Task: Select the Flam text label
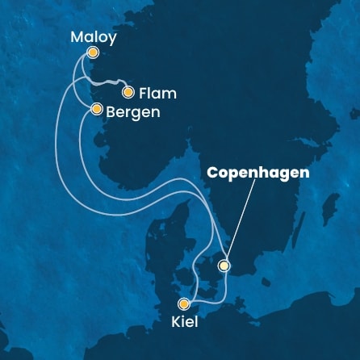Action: [157, 93]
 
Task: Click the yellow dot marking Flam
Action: [127, 91]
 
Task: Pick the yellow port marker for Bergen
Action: [96, 108]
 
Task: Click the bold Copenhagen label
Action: [258, 173]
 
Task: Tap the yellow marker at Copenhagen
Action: [224, 265]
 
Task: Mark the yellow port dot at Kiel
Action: [185, 303]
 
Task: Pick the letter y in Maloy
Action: [111, 39]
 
